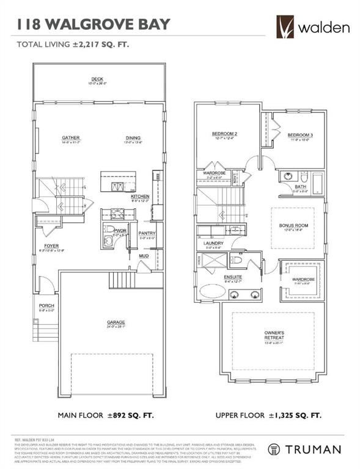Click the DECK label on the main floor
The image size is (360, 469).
(97, 79)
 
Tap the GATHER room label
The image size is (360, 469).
(71, 138)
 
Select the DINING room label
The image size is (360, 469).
(133, 138)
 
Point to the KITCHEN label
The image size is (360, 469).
(140, 196)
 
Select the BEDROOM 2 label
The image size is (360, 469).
(224, 134)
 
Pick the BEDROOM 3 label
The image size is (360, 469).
(300, 134)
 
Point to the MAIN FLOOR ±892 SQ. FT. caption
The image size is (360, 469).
(105, 416)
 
